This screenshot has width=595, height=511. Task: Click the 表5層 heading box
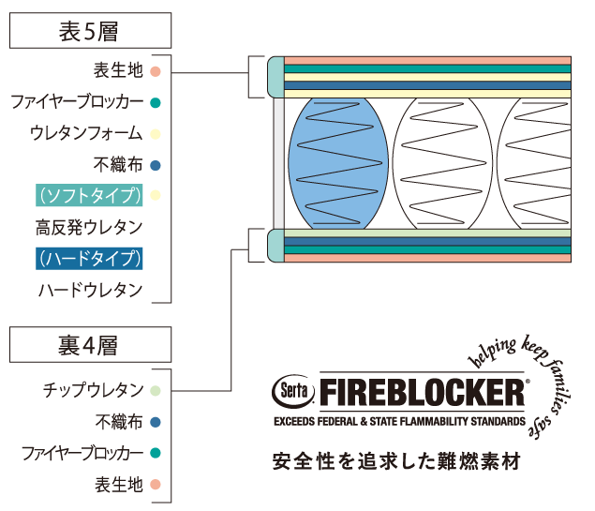pos(90,30)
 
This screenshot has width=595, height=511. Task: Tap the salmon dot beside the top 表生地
pos(156,69)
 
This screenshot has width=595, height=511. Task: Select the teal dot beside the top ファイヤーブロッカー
pos(156,101)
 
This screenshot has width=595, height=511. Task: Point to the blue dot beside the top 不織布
pos(156,165)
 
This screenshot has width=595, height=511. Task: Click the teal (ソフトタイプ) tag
pos(90,196)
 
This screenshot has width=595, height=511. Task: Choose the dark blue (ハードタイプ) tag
pos(90,259)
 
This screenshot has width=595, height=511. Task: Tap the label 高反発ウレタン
pos(90,228)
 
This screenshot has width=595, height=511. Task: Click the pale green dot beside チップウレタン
pos(156,389)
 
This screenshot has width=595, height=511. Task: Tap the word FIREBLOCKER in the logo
pos(422,391)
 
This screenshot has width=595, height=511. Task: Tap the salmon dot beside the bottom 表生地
pos(156,485)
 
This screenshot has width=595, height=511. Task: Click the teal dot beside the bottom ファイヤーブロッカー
pos(156,453)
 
